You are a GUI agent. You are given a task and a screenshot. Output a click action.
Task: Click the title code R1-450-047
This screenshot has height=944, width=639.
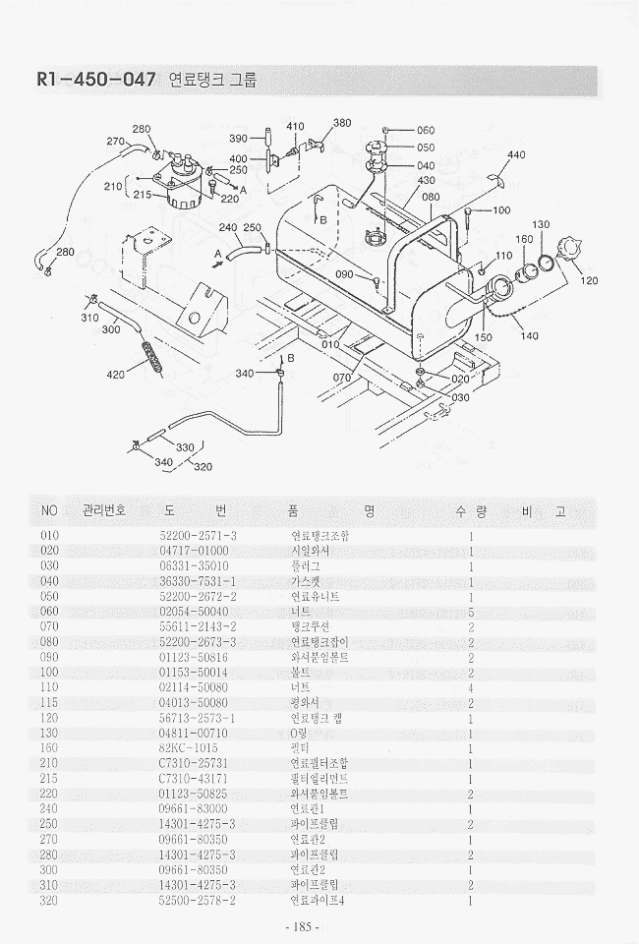(x=94, y=81)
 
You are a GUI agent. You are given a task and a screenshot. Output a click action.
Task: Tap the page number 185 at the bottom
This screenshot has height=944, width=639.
(x=298, y=927)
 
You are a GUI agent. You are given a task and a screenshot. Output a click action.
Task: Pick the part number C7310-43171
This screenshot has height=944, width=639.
(x=193, y=779)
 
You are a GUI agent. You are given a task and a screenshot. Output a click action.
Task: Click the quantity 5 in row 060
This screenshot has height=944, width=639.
(x=472, y=612)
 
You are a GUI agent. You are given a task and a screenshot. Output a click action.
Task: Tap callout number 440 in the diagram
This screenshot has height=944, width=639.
(x=516, y=155)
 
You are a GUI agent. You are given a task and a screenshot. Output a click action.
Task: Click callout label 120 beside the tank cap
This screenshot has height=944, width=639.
(x=589, y=281)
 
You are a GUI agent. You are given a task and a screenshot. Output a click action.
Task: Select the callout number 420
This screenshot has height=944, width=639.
(x=115, y=375)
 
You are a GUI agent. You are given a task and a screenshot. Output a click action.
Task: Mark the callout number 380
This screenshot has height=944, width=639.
(x=342, y=123)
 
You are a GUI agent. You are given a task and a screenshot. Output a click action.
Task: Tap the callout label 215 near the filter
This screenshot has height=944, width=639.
(x=142, y=195)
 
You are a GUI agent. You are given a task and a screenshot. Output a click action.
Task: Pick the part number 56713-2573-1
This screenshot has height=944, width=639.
(x=198, y=719)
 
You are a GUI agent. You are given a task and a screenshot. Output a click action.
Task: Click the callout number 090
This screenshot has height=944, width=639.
(x=343, y=274)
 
